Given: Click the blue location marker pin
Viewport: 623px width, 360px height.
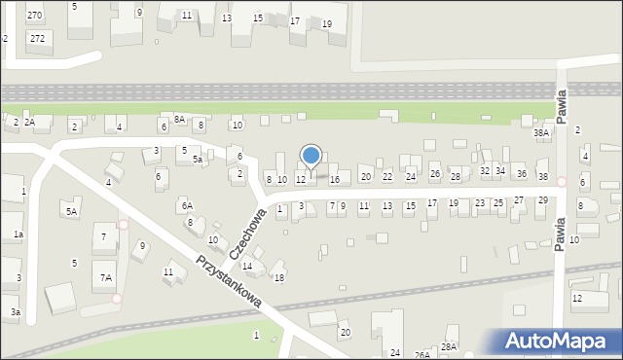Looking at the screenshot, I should pyautogui.click(x=311, y=156).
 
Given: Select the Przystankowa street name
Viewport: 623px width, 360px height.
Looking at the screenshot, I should pyautogui.click(x=230, y=282).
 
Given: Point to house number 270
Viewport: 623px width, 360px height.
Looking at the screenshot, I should pyautogui.click(x=35, y=16).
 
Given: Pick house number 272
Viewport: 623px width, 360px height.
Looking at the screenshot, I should pyautogui.click(x=37, y=38).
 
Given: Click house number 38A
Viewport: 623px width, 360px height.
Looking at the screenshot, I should pyautogui.click(x=541, y=132).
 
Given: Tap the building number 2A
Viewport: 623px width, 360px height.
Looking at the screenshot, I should pyautogui.click(x=30, y=123).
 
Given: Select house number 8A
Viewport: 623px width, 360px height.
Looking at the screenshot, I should pyautogui.click(x=179, y=119).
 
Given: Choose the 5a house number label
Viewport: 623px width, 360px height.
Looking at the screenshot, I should pyautogui.click(x=197, y=159).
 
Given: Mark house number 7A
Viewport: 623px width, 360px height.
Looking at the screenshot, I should pyautogui.click(x=106, y=278).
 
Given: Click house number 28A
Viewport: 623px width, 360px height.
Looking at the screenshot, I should pyautogui.click(x=449, y=346).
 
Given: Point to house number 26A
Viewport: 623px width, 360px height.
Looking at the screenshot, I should pyautogui.click(x=422, y=355).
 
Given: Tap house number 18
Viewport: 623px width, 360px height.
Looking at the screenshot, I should pyautogui.click(x=279, y=278).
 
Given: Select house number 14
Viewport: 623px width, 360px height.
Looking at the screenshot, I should pyautogui.click(x=247, y=266).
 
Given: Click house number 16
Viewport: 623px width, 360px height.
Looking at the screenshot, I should pyautogui.click(x=335, y=179).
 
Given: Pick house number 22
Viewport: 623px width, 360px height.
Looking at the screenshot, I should pyautogui.click(x=387, y=176).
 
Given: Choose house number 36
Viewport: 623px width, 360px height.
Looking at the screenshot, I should pyautogui.click(x=521, y=174).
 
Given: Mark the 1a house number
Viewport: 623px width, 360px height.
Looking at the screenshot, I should pyautogui.click(x=18, y=234).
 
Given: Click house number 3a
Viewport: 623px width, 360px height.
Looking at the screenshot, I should pyautogui.click(x=15, y=311).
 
